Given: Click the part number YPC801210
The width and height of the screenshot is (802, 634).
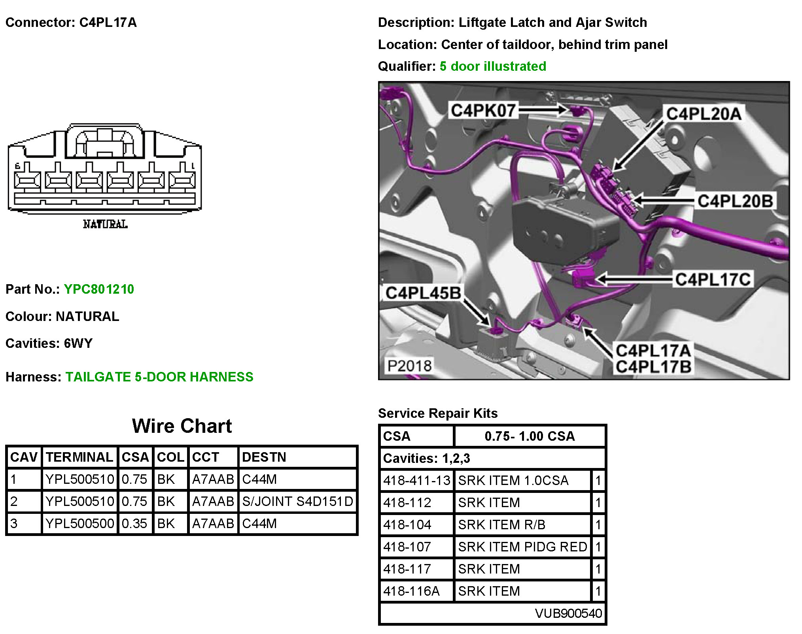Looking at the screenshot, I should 99,289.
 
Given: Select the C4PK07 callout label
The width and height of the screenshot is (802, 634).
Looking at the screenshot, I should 483,110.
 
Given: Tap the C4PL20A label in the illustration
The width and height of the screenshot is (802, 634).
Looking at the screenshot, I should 704,114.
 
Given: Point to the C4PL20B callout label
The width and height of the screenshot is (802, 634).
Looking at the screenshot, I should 735,201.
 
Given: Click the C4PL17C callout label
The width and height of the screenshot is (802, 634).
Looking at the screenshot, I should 713,279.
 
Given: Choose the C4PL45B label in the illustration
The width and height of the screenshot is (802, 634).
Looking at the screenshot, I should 423,293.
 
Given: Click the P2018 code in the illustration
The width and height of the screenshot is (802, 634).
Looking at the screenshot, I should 409,366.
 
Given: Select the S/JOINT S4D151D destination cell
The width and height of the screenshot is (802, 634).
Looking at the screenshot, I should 297,501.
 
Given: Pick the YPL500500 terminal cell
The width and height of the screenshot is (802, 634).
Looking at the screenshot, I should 80,523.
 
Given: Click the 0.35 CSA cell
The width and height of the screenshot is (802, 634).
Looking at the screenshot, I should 134,523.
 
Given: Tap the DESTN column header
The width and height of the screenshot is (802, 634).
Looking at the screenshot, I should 264,457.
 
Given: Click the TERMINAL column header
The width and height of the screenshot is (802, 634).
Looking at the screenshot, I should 79,457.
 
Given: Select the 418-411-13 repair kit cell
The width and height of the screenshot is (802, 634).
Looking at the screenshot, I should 417,480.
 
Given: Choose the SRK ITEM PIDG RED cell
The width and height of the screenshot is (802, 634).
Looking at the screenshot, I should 522,547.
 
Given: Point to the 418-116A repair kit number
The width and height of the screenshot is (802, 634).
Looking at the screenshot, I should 411,591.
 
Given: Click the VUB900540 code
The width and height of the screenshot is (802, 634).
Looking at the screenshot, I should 568,613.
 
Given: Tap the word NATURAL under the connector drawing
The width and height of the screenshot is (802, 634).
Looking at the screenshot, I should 105,225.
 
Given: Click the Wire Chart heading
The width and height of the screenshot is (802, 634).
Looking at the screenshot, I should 182,426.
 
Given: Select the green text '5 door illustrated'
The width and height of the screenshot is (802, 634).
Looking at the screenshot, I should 493,66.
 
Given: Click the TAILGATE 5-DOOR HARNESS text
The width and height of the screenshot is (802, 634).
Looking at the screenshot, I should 159,377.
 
